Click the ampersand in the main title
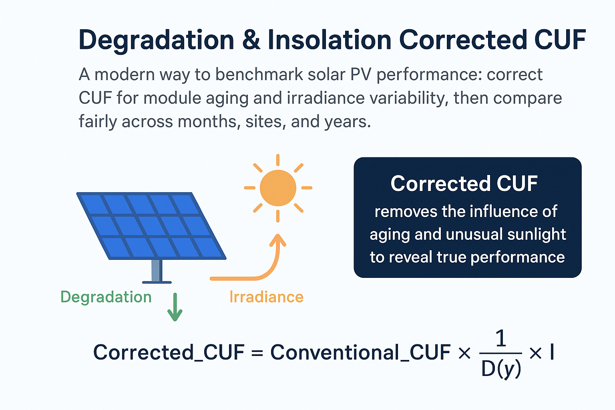pyautogui.click(x=251, y=40)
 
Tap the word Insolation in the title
pyautogui.click(x=329, y=40)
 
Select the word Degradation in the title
pyautogui.click(x=156, y=40)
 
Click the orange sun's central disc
pyautogui.click(x=278, y=188)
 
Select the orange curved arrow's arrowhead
pyautogui.click(x=277, y=241)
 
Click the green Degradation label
pyautogui.click(x=106, y=297)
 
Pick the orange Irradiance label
pyautogui.click(x=266, y=297)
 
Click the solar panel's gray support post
pyautogui.click(x=157, y=271)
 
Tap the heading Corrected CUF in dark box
pyautogui.click(x=464, y=184)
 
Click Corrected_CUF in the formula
pyautogui.click(x=169, y=353)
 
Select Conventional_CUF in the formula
pyautogui.click(x=360, y=353)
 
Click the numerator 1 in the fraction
pyautogui.click(x=501, y=340)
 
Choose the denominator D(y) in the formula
pyautogui.click(x=501, y=369)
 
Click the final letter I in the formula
pyautogui.click(x=552, y=352)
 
